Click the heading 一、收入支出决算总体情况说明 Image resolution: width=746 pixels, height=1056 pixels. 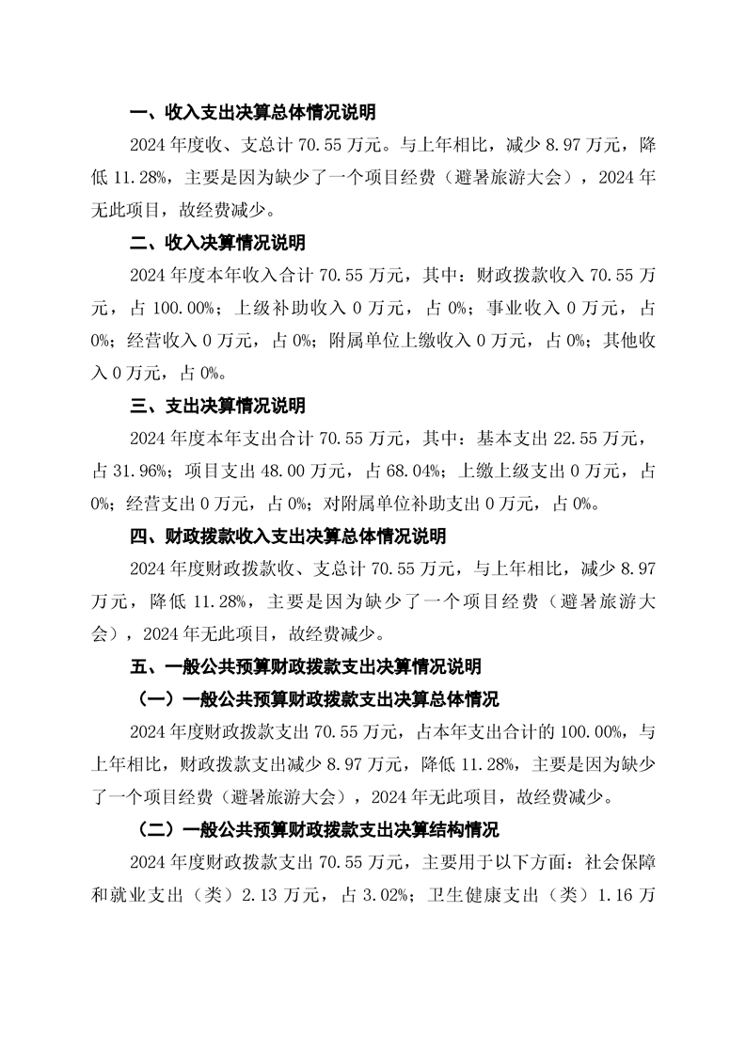pos(252,114)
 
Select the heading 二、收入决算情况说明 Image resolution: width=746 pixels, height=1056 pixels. pos(217,243)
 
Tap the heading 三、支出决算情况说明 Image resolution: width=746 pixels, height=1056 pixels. pos(217,406)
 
